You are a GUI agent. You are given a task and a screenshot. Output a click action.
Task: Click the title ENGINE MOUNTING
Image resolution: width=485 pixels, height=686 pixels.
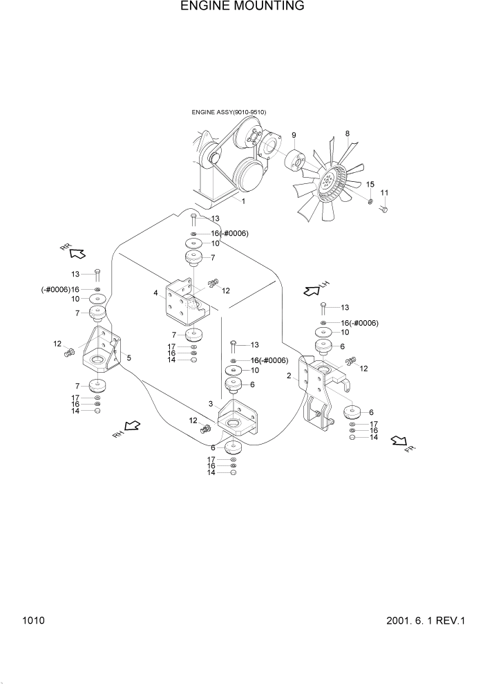[x=242, y=7]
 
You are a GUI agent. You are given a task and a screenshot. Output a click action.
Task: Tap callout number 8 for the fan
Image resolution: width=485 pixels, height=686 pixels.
[x=347, y=133]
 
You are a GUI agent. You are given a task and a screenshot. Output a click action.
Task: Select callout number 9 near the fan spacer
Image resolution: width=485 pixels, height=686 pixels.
[x=293, y=135]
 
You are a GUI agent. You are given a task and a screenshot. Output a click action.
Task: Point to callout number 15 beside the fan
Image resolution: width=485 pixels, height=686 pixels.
[x=370, y=184]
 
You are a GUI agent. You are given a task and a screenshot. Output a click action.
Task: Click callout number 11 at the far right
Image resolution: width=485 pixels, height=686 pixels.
[x=385, y=192]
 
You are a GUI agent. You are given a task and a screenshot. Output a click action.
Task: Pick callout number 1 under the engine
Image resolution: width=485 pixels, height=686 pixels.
[x=243, y=201]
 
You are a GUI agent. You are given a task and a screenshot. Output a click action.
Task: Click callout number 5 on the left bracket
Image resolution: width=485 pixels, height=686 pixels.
[x=129, y=358]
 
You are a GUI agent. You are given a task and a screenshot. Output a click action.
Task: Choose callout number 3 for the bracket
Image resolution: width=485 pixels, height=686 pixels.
[x=211, y=403]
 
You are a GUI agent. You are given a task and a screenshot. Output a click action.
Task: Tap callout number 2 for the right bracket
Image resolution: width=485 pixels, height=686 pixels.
[x=288, y=376]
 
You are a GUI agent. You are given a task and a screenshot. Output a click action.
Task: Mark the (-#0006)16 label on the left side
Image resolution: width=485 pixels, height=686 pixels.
[x=60, y=289]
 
